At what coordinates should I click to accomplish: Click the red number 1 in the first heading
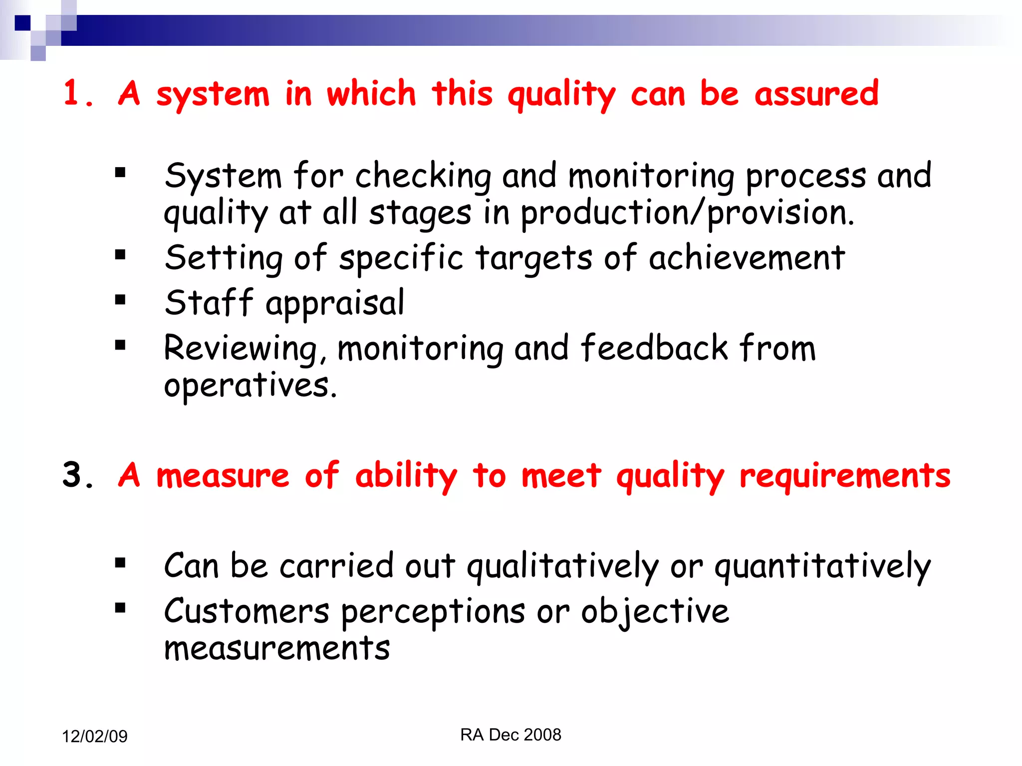(x=72, y=93)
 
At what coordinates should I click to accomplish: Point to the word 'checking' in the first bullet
(x=423, y=177)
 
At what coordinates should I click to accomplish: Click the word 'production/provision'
(x=687, y=213)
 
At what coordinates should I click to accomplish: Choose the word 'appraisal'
(x=335, y=303)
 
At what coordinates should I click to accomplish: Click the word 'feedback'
(x=654, y=348)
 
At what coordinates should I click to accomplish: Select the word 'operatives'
(x=250, y=385)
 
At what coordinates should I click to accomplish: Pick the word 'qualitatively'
(x=562, y=567)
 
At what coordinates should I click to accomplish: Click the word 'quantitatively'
(x=822, y=567)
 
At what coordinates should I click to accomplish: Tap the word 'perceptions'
(x=433, y=612)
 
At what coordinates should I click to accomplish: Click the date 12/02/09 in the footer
(x=95, y=736)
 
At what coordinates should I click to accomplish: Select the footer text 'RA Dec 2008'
(x=511, y=735)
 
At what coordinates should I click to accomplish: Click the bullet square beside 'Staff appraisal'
(x=120, y=300)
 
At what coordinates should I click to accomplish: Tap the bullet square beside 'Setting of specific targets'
(x=120, y=255)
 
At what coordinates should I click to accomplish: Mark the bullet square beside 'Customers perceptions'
(x=120, y=608)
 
